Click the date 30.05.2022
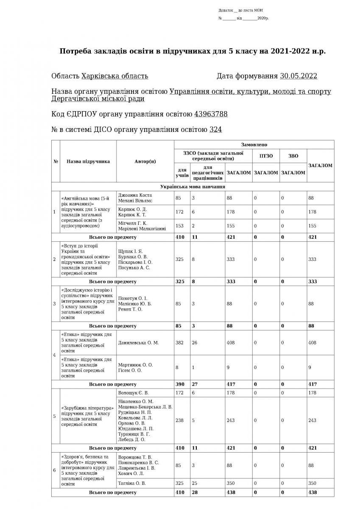pos(299,76)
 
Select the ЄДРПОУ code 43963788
pos(211,114)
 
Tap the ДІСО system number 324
pos(215,129)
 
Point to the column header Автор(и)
pos(145,161)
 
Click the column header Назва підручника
pos(88,161)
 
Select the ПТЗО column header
pos(266,156)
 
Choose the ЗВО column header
pos(293,156)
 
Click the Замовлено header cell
pos(254,145)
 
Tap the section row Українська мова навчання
pos(193,186)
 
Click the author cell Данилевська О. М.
pos(138,343)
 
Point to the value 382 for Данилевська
pos(180,343)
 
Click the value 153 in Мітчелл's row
pos(180,226)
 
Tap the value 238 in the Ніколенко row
pos(180,420)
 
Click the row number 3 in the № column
pos(54,303)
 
